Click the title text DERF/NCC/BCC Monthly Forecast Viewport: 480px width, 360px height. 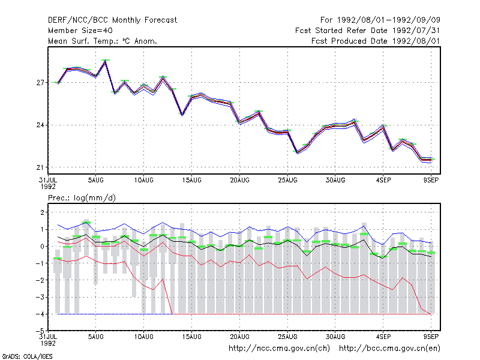(x=112, y=20)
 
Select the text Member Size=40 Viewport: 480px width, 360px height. (x=80, y=31)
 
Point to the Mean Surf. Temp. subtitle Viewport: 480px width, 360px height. (x=102, y=41)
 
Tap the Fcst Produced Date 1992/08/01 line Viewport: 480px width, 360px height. (x=376, y=41)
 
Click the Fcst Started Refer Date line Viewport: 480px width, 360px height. (x=367, y=31)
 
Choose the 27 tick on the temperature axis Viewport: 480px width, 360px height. (x=40, y=83)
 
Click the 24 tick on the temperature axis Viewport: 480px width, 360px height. (x=40, y=125)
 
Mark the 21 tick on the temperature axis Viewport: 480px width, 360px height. (x=40, y=167)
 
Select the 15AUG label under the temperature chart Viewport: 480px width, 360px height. (x=191, y=180)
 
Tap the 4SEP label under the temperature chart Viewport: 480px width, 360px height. (x=383, y=180)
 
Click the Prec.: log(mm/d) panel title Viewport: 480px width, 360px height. (x=82, y=198)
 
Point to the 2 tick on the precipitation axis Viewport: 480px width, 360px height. (x=42, y=212)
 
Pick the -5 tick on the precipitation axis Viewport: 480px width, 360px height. (x=40, y=331)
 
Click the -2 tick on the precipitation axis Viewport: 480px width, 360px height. (x=40, y=280)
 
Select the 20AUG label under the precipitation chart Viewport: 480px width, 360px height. (x=239, y=337)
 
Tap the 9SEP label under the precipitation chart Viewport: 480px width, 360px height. (x=431, y=337)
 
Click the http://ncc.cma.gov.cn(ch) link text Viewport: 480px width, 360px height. (x=279, y=349)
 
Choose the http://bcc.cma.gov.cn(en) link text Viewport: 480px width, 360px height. (x=389, y=349)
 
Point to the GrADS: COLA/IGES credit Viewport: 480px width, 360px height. (x=27, y=356)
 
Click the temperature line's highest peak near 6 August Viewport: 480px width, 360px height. (x=106, y=61)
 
